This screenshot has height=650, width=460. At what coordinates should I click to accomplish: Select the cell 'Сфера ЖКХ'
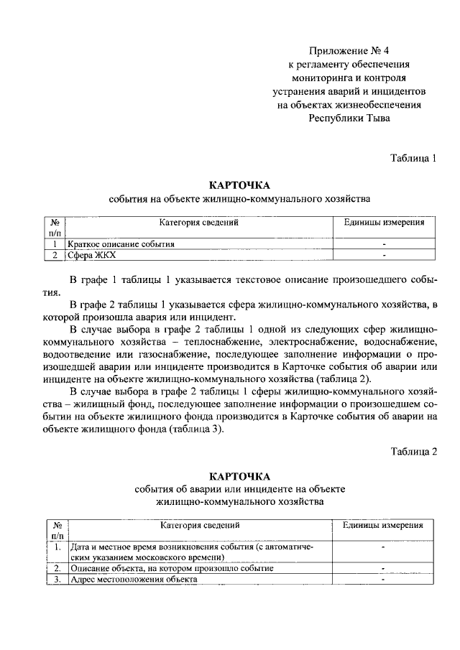(91, 254)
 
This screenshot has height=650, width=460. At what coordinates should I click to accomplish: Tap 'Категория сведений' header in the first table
(198, 223)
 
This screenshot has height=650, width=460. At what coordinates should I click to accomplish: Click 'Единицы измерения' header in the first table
(385, 223)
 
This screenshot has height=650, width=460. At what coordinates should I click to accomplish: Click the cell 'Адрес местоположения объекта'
(133, 580)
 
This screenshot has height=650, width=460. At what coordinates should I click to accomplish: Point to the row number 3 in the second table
(57, 580)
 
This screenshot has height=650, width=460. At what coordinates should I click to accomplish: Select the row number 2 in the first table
(55, 254)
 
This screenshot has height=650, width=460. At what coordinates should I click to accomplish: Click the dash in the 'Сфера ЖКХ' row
(385, 254)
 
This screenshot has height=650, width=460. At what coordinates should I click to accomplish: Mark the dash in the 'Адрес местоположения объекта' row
(383, 580)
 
